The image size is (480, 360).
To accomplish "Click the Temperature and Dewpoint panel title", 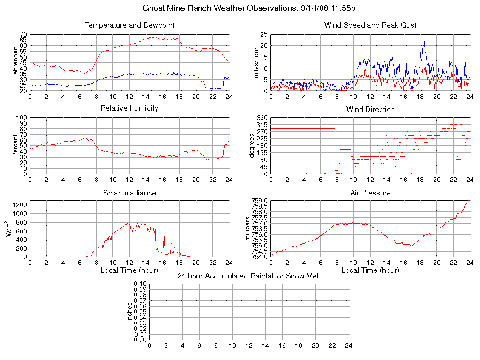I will pyautogui.click(x=129, y=25).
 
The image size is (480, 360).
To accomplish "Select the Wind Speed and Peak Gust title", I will pyautogui.click(x=370, y=25).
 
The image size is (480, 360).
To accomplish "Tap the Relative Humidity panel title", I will pyautogui.click(x=129, y=108).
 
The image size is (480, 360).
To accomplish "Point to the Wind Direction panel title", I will pyautogui.click(x=370, y=109).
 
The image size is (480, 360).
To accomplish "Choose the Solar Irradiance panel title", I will pyautogui.click(x=129, y=193).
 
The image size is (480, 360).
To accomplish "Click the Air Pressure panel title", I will pyautogui.click(x=370, y=193).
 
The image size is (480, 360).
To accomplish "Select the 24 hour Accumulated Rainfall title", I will pyautogui.click(x=249, y=276).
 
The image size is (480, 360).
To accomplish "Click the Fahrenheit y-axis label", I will pyautogui.click(x=15, y=63).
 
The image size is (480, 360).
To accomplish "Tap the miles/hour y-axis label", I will pyautogui.click(x=256, y=63).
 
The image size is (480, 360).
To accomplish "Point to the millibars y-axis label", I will pyautogui.click(x=249, y=229).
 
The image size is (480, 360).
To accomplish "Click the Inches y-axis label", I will pyautogui.click(x=130, y=312).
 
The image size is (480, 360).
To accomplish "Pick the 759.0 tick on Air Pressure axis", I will pyautogui.click(x=260, y=201).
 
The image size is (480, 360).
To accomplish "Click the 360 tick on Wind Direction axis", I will pyautogui.click(x=262, y=118).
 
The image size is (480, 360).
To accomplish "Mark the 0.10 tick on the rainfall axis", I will pyautogui.click(x=140, y=284).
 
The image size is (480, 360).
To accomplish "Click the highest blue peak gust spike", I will pyautogui.click(x=424, y=42).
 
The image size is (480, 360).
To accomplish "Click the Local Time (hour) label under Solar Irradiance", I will pyautogui.click(x=129, y=270).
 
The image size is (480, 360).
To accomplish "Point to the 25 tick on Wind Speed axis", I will pyautogui.click(x=263, y=34).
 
